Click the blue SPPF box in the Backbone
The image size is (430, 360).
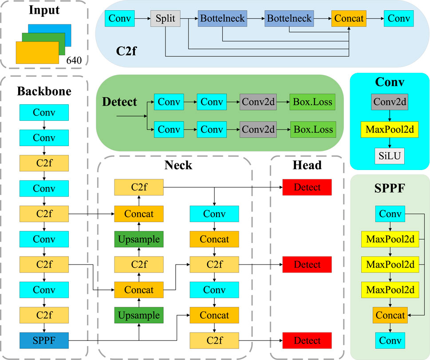click(x=44, y=340)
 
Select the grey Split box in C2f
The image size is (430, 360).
click(x=165, y=19)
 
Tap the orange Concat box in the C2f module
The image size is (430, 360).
click(x=349, y=19)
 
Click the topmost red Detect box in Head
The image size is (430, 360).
click(x=307, y=187)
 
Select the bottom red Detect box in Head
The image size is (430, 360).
click(x=307, y=340)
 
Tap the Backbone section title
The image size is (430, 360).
click(x=44, y=91)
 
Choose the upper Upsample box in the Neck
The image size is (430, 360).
click(x=138, y=239)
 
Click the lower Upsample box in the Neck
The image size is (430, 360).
click(x=138, y=315)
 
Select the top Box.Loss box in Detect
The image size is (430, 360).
click(x=312, y=102)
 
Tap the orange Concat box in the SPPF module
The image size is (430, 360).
click(x=390, y=315)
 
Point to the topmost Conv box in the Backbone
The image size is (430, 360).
click(x=44, y=112)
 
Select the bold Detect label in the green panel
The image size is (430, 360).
click(x=120, y=102)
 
